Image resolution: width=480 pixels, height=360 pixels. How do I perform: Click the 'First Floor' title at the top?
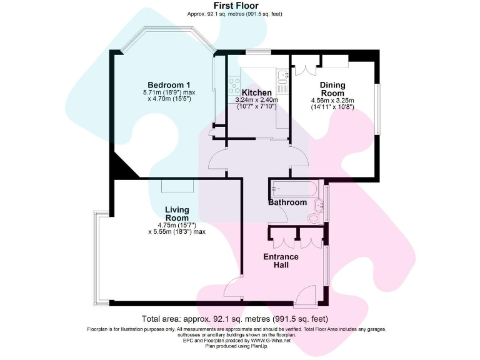(x=240, y=5)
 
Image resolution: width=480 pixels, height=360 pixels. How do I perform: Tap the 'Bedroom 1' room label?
(x=169, y=85)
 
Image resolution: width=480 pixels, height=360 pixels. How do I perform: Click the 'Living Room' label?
(x=177, y=214)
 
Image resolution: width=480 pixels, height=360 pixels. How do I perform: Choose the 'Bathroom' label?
(x=287, y=202)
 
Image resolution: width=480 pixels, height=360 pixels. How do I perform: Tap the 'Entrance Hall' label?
(x=281, y=261)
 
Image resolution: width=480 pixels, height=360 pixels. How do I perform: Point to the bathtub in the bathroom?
(x=294, y=187)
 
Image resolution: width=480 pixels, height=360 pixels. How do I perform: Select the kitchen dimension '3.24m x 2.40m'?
(x=256, y=100)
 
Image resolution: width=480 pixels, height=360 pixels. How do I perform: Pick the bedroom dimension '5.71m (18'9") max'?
(x=169, y=92)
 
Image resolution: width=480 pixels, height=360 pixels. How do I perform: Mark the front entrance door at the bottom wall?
(x=306, y=296)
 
